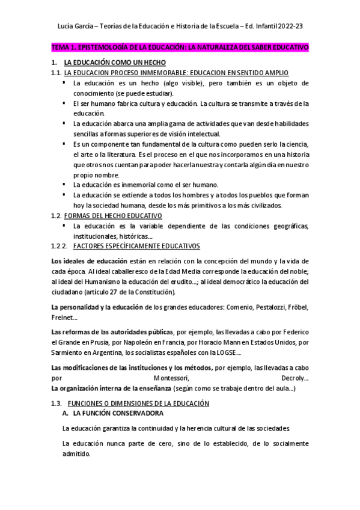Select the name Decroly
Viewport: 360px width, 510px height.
(x=293, y=379)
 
